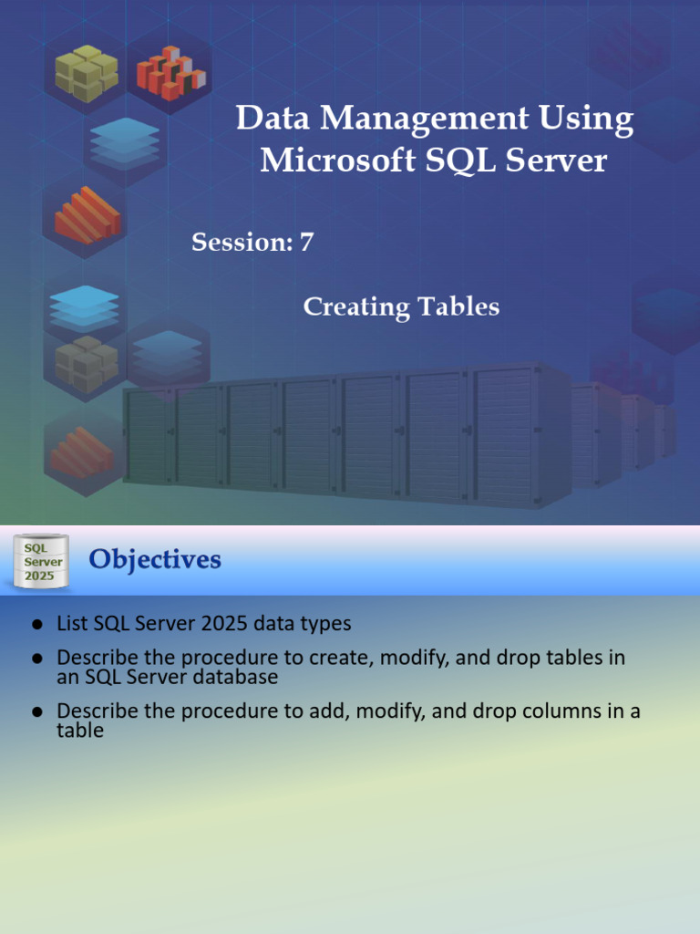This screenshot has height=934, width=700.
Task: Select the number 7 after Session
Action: click(306, 243)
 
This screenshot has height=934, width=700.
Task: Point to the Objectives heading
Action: click(155, 559)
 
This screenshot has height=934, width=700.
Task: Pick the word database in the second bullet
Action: click(236, 678)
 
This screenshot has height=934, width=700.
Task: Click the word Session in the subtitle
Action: click(237, 243)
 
